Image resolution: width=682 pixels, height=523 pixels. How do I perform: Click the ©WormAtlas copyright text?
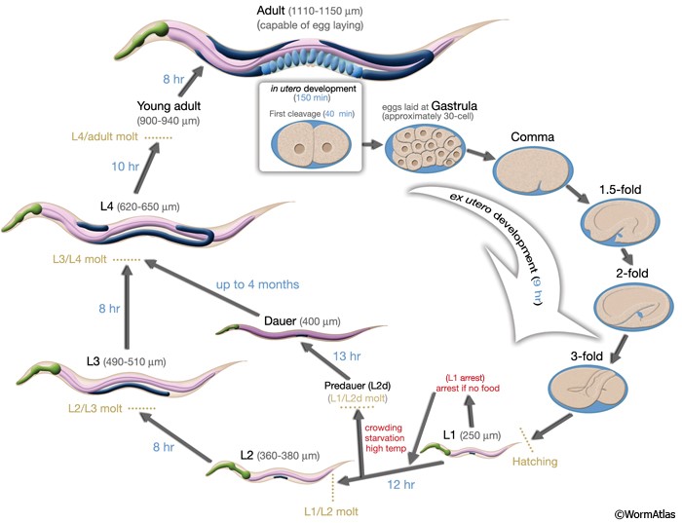point(642,512)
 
